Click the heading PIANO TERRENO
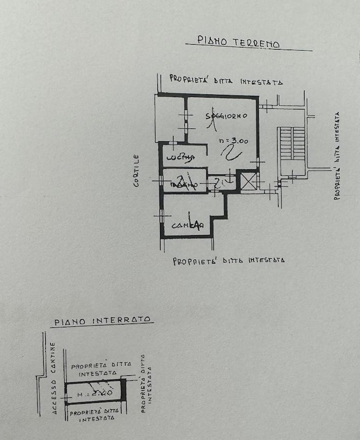pos(238,42)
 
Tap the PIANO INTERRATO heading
pos(102,321)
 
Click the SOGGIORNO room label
pos(226,116)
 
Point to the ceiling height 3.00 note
pos(234,141)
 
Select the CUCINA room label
pos(180,157)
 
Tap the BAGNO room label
pos(183,185)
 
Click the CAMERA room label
pos(187,225)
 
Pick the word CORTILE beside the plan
pos(137,170)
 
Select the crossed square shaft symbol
pos(248,181)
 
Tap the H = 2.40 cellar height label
pos(95,394)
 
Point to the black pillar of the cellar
pos(123,389)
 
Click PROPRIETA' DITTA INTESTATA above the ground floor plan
pos(226,80)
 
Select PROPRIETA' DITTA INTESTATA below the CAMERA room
pos(229,261)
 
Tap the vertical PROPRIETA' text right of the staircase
pos(337,156)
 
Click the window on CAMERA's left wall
pos(161,216)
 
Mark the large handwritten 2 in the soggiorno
pos(232,153)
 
